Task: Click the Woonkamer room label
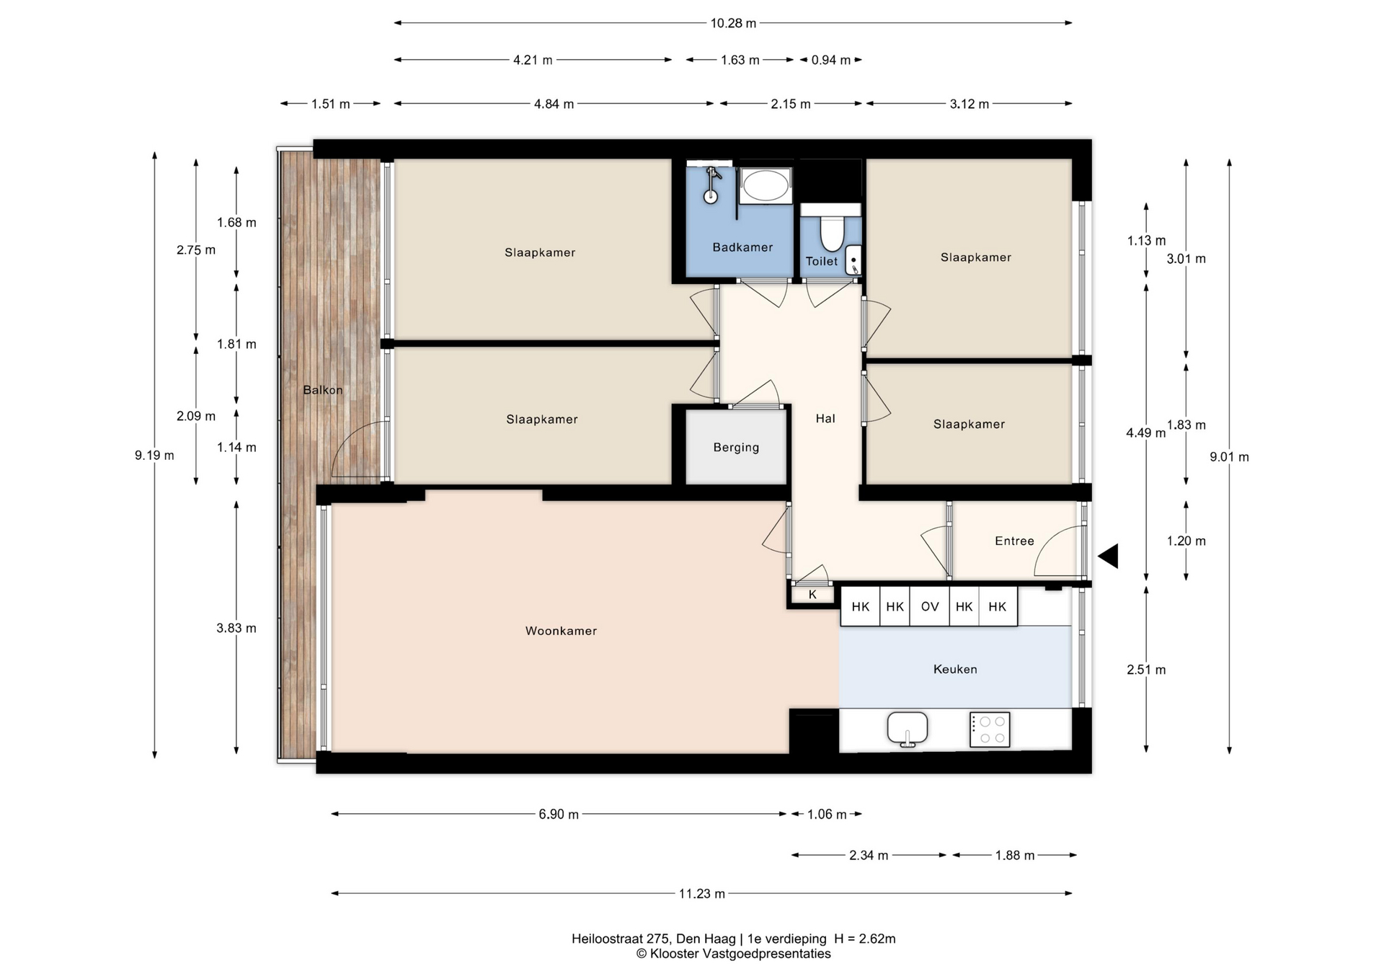[x=561, y=631]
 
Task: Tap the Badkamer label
[x=742, y=247]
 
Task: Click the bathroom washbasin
[x=766, y=186]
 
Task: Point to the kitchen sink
[x=908, y=730]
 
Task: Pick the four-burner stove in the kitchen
[x=990, y=730]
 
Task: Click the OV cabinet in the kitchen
[x=930, y=606]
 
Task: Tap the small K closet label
[x=812, y=595]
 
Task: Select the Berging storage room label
[x=736, y=448]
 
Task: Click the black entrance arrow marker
[x=1109, y=556]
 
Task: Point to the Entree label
[x=1014, y=541]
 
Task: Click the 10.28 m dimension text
[x=733, y=23]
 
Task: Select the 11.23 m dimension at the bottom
[x=701, y=894]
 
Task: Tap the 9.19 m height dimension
[x=154, y=455]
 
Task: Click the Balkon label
[x=323, y=390]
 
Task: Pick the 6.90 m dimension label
[x=559, y=814]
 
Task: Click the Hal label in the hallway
[x=825, y=418]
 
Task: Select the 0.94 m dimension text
[x=831, y=60]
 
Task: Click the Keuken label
[x=955, y=669]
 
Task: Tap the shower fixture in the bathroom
[x=712, y=185]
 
